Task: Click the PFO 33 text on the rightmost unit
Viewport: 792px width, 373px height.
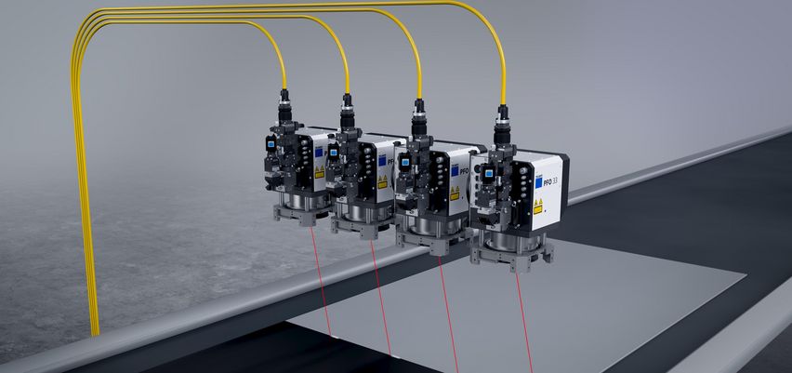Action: pos(548,180)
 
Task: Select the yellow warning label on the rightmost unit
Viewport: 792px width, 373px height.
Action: pos(537,207)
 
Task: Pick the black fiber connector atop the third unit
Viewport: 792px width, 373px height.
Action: pos(419,113)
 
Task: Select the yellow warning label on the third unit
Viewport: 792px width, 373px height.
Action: pos(455,193)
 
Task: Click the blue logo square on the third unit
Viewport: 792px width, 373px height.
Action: pos(455,170)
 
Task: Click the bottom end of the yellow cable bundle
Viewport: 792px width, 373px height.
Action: pos(95,330)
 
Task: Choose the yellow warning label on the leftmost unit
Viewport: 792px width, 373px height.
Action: pos(319,172)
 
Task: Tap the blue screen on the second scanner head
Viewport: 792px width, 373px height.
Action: pos(333,150)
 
